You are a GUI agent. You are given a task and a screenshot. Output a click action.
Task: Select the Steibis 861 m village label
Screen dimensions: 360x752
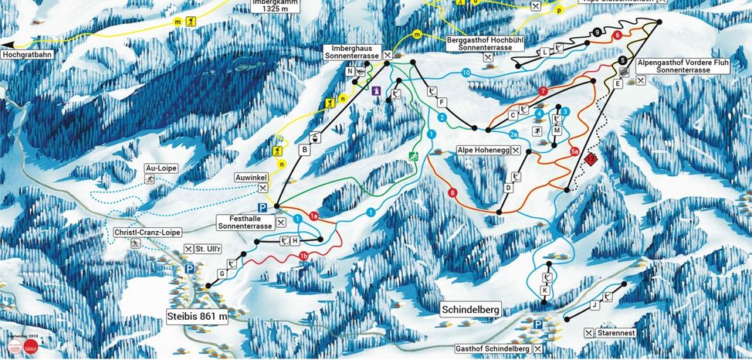[x=198, y=315]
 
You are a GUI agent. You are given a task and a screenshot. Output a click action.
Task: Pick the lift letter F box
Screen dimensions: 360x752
[x=442, y=103]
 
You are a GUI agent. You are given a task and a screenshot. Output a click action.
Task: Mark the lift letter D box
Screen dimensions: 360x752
[x=509, y=188]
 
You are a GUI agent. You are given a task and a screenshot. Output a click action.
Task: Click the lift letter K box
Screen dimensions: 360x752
[x=544, y=290]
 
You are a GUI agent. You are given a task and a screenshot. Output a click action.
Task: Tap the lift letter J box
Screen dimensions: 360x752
[x=594, y=306]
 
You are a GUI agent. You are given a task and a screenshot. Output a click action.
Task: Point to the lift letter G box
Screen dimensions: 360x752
[x=222, y=274]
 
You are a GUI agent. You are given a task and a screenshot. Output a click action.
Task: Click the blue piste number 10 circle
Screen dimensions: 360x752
[x=466, y=73]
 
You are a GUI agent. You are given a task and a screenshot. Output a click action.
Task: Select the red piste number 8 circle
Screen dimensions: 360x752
[x=452, y=192]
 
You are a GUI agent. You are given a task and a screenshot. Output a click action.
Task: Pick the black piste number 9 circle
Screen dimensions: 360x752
[x=598, y=32]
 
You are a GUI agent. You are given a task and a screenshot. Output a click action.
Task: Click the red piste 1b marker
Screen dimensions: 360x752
[x=304, y=256]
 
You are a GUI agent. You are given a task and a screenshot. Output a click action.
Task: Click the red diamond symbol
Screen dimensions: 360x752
[x=591, y=159]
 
